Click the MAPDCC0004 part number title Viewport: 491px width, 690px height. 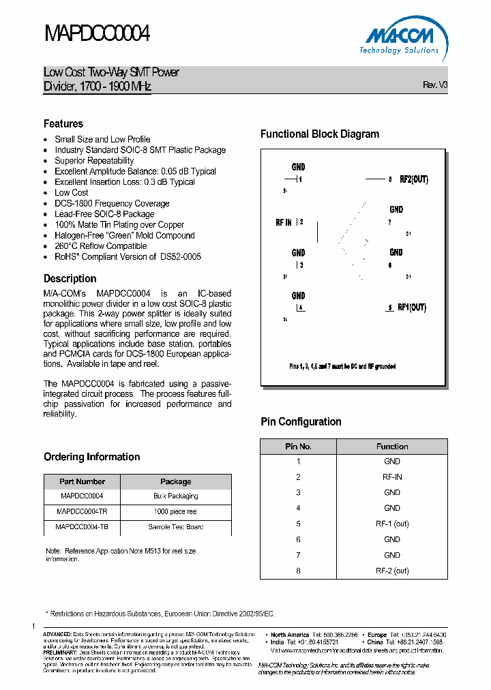tap(96, 34)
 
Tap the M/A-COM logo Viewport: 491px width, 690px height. tap(399, 38)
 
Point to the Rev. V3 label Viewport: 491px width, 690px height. tap(435, 85)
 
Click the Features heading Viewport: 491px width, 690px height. tap(63, 123)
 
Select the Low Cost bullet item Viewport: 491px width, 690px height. tap(72, 192)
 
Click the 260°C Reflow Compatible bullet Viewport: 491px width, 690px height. tap(101, 245)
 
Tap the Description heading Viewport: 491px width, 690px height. tap(70, 278)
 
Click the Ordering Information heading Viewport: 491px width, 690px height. tap(91, 457)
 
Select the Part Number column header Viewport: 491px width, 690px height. tap(82, 481)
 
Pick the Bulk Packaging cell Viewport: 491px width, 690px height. tap(175, 496)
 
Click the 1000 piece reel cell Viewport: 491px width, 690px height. tap(175, 511)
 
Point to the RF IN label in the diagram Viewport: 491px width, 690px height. tap(284, 222)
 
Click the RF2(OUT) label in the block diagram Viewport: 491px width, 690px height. tap(413, 179)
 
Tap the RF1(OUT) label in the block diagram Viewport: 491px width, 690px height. tap(412, 307)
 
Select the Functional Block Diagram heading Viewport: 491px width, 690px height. tap(320, 134)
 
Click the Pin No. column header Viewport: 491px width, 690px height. tap(298, 447)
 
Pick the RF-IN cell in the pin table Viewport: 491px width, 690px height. tap(392, 477)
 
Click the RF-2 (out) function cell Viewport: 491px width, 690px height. tap(392, 571)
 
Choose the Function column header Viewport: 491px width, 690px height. tap(392, 447)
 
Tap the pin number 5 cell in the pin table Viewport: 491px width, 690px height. tap(298, 524)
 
